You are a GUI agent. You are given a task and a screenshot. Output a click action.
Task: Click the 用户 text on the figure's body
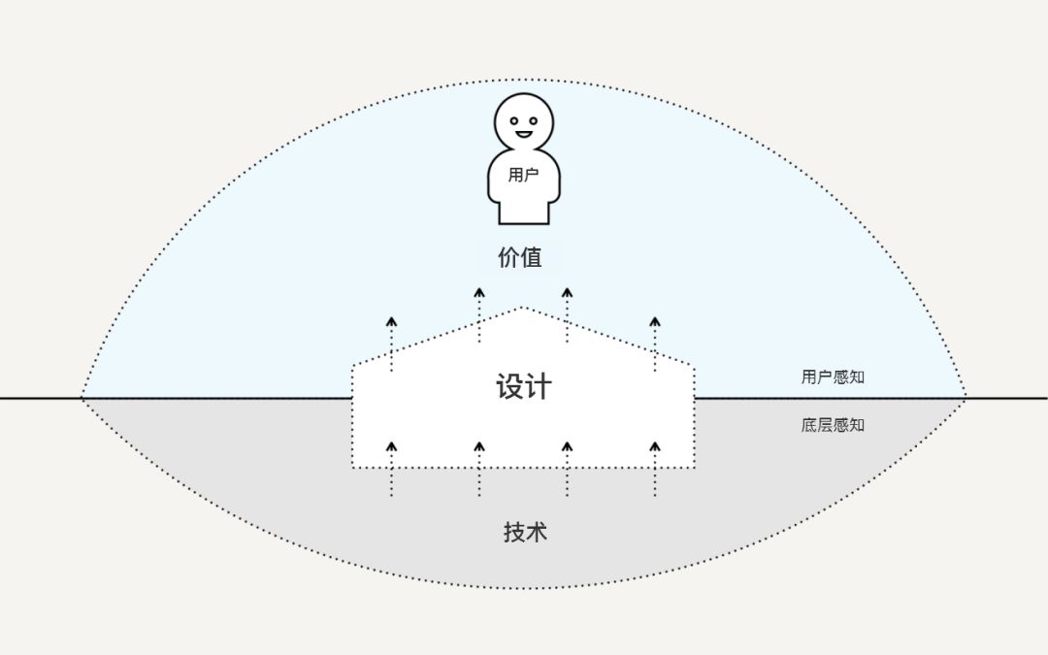pos(523,176)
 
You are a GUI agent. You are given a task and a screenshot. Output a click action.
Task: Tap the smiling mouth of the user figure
pos(524,134)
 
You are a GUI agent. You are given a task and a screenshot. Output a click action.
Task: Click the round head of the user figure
pos(523,122)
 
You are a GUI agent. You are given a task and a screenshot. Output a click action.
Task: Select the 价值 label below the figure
pos(519,258)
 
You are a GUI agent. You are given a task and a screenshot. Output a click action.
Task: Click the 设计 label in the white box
pos(524,387)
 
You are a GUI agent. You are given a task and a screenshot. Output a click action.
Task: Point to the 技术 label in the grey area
pos(525,533)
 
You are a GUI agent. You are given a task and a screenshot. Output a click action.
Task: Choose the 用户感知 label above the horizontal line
pos(833,377)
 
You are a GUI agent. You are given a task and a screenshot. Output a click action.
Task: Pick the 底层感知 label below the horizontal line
pos(833,425)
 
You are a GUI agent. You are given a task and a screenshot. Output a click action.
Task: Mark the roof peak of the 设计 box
pos(522,308)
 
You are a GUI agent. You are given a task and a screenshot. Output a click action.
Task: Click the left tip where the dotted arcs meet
pos(82,398)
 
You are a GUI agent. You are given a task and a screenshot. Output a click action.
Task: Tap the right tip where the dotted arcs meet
pos(966,398)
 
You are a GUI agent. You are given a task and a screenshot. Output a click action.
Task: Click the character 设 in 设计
pos(510,387)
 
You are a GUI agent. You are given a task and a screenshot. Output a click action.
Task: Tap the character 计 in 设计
pos(539,387)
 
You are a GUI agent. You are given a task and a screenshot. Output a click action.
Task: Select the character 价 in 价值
pos(508,258)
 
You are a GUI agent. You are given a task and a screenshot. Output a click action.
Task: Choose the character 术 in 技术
pos(538,533)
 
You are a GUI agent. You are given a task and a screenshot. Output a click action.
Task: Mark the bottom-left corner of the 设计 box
pos(353,468)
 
